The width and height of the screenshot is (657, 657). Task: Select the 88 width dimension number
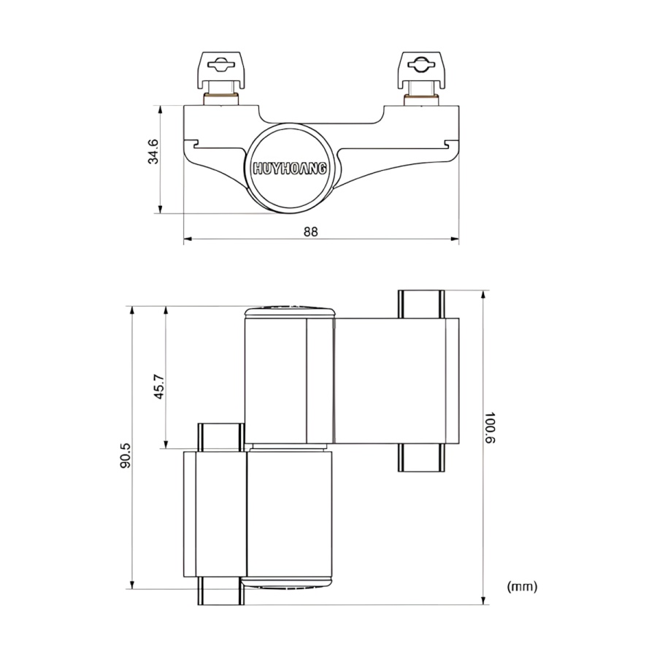tap(311, 231)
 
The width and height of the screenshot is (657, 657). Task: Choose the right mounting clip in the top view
tap(422, 69)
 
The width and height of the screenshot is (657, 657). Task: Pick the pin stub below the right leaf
tap(421, 458)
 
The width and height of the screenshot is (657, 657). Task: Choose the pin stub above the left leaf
tap(219, 436)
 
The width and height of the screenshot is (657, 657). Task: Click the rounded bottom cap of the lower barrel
tap(288, 582)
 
